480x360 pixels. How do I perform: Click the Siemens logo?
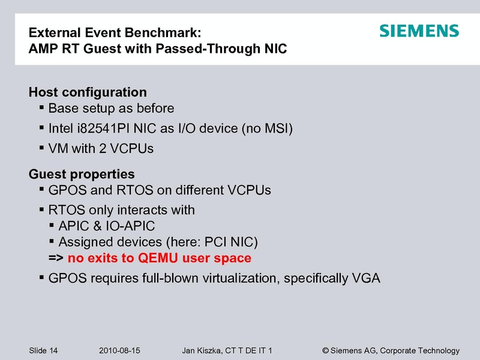(x=419, y=31)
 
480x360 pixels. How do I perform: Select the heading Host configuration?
(x=88, y=92)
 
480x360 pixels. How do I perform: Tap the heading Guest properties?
(x=82, y=175)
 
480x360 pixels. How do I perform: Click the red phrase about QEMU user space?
(x=159, y=259)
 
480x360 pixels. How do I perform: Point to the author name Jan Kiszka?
(x=202, y=350)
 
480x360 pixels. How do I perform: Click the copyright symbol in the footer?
(x=326, y=350)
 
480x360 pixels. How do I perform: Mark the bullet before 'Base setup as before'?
(x=41, y=108)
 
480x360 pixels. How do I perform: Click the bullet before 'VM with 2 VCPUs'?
(x=41, y=147)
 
